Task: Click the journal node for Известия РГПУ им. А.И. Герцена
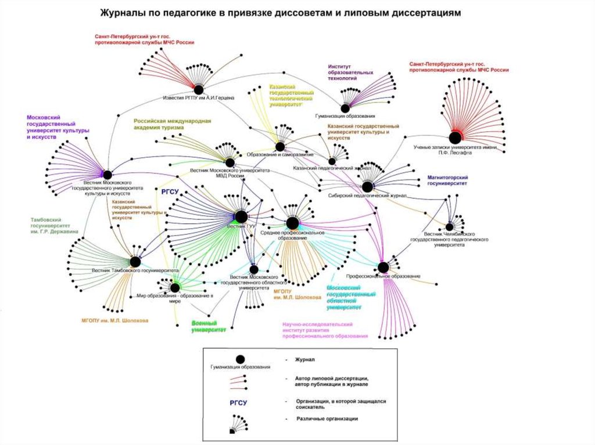coord(198,89)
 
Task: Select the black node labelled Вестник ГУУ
coord(241,217)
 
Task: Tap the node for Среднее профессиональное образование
coord(292,223)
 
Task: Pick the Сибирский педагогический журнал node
coord(367,187)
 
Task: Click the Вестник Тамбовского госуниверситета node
coord(135,262)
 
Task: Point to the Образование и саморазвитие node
coord(280,147)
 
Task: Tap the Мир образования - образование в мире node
coord(175,287)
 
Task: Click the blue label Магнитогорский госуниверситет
coord(447,179)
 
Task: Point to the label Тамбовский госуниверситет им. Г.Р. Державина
coord(51,225)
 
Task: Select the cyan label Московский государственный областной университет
coord(350,297)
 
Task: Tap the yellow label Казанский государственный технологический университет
coord(291,96)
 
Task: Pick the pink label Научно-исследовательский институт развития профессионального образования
coord(325,331)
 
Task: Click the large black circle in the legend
coord(239,360)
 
